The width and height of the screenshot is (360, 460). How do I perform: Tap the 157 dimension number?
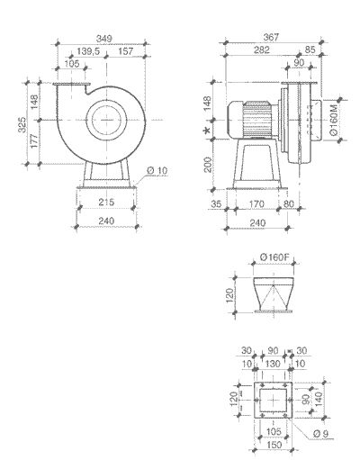pyautogui.click(x=125, y=51)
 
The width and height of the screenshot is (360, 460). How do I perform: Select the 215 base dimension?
pyautogui.click(x=105, y=203)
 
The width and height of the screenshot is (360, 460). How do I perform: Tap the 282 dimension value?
pyautogui.click(x=261, y=51)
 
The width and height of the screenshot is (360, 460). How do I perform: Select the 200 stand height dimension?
pyautogui.click(x=208, y=165)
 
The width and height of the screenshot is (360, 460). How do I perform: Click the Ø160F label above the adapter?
pyautogui.click(x=273, y=258)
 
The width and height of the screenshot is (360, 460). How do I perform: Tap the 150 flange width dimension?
pyautogui.click(x=272, y=444)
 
